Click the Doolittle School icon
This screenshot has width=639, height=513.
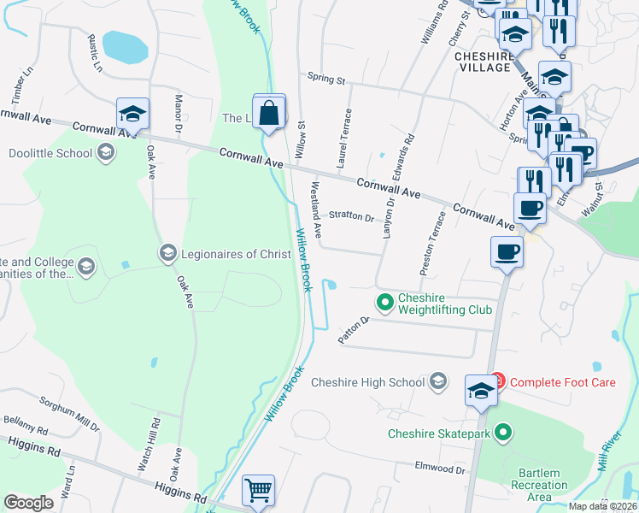[106, 153]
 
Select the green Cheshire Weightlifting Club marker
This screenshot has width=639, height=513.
[385, 301]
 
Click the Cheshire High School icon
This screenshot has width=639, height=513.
[438, 381]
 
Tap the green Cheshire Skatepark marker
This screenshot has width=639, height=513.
[504, 433]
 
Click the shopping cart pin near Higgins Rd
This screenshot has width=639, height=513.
[258, 491]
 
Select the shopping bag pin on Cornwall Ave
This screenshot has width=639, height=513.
[269, 112]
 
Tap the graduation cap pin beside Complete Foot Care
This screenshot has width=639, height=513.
[480, 391]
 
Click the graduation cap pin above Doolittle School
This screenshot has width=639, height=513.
[133, 113]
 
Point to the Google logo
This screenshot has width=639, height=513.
[28, 503]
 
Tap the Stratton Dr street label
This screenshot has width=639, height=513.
[351, 217]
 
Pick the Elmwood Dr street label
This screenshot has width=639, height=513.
[439, 469]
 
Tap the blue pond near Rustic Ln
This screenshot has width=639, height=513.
[125, 47]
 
